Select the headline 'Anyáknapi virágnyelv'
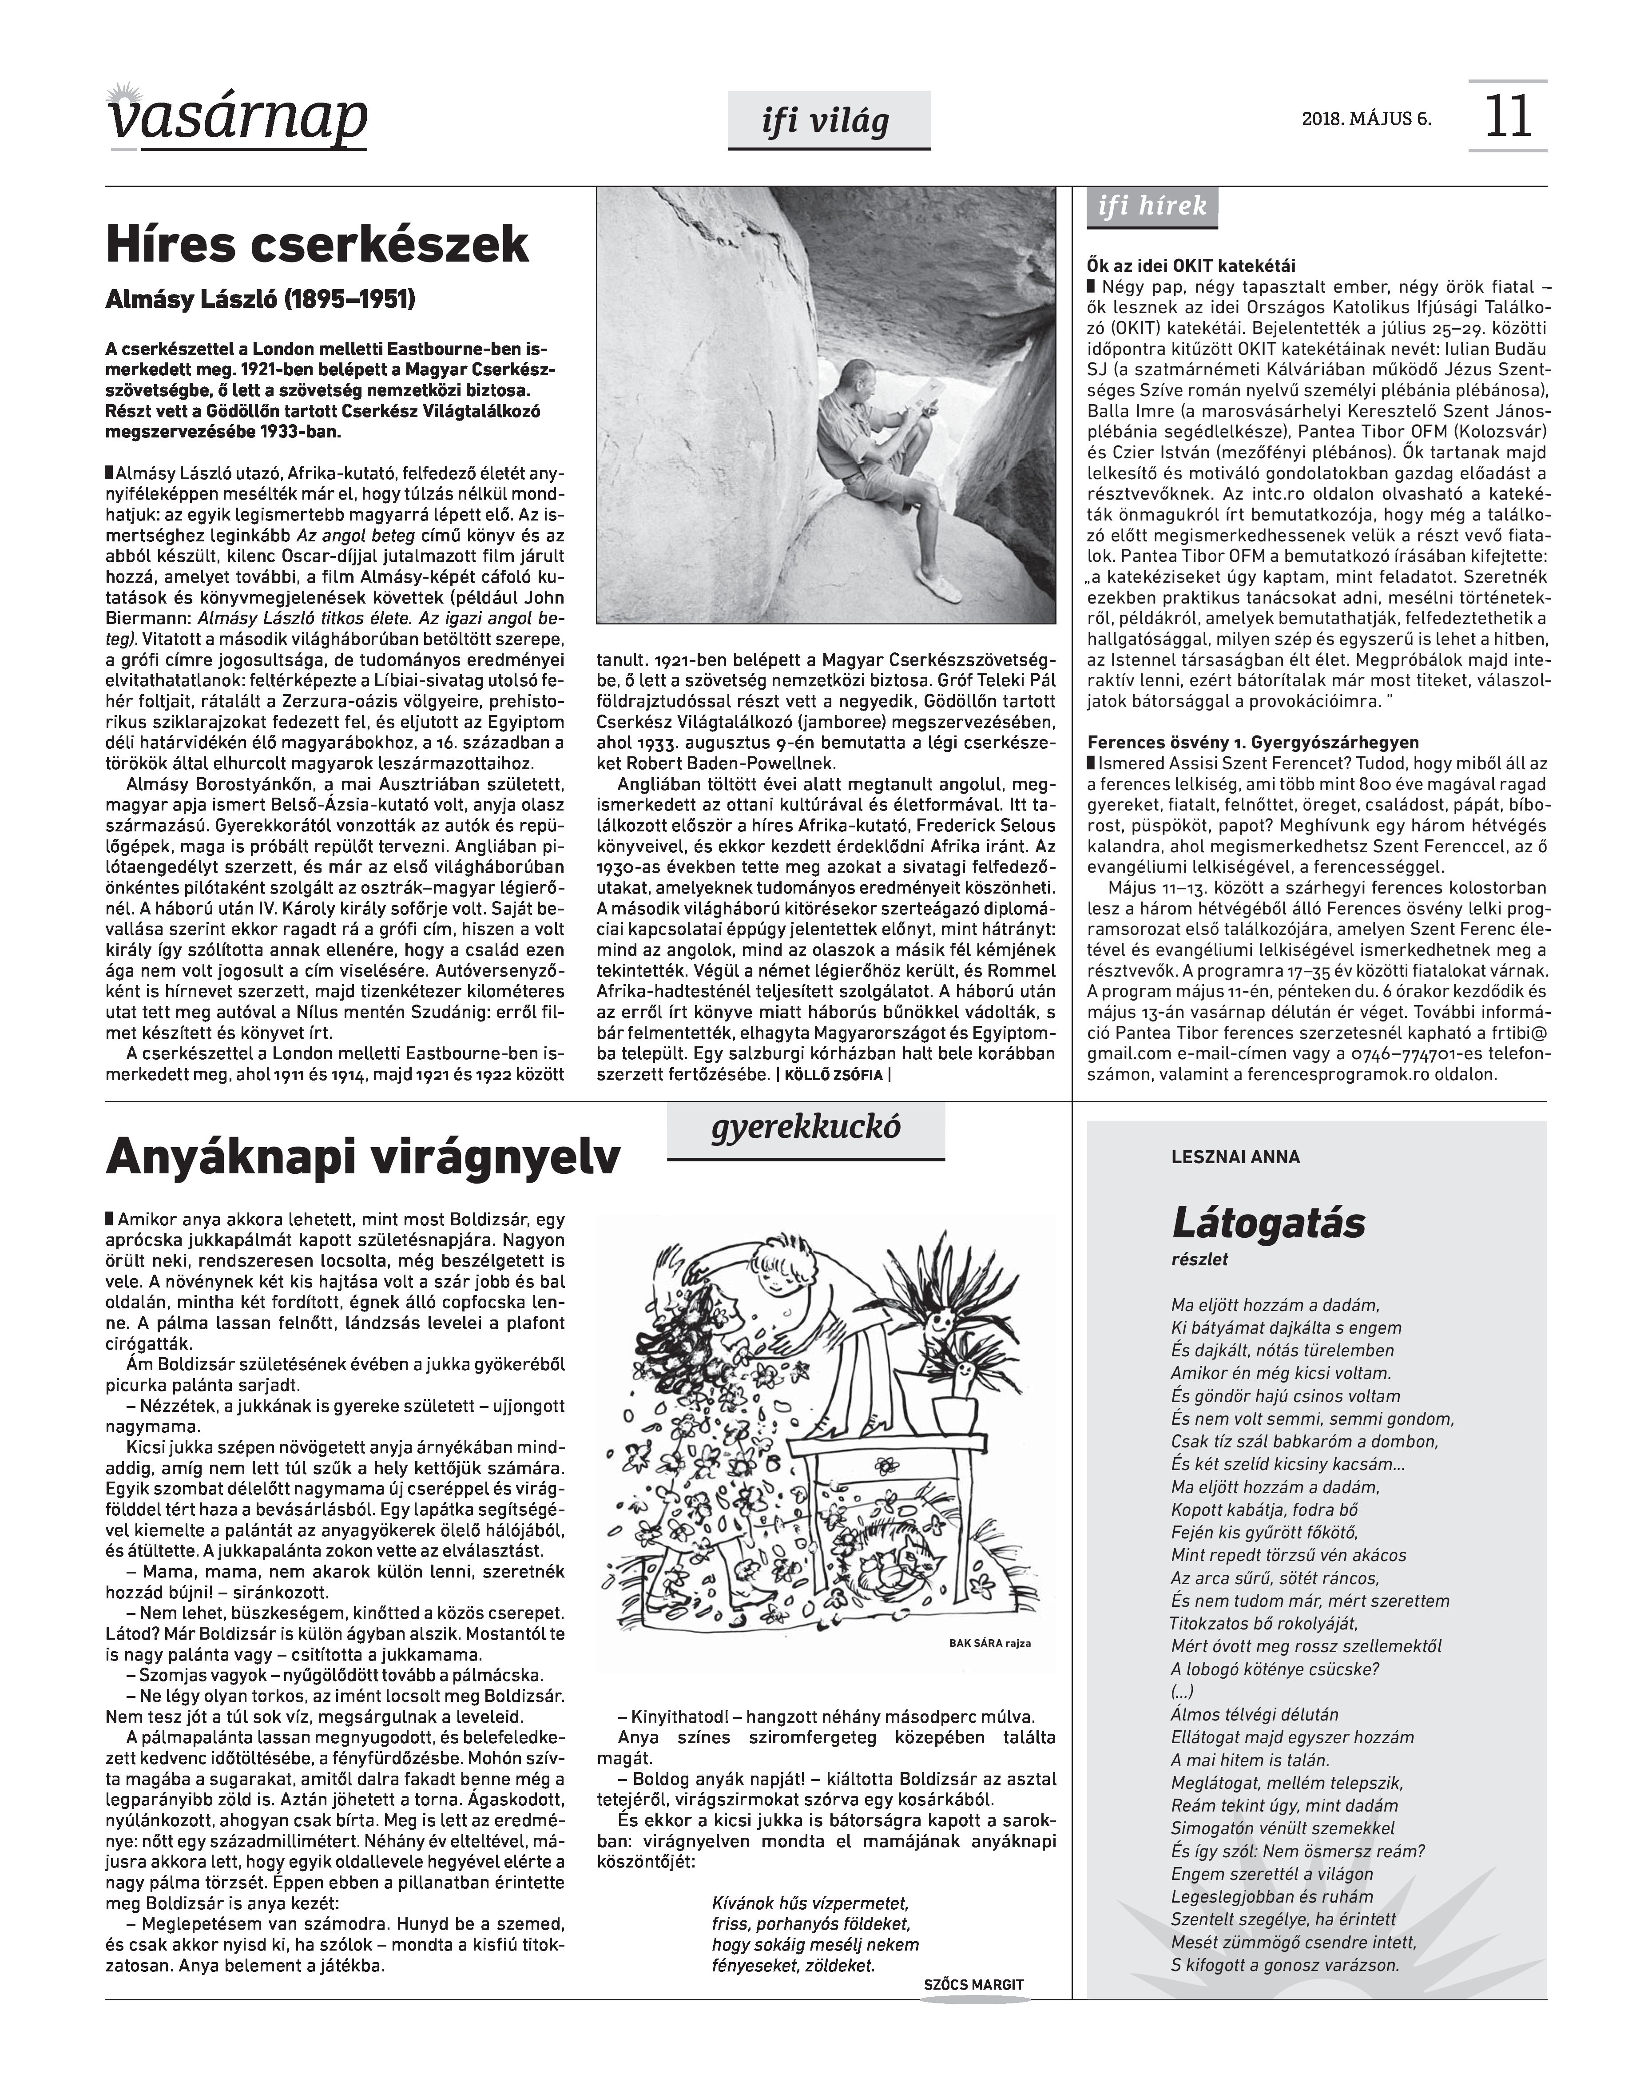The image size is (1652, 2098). (x=363, y=1158)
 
